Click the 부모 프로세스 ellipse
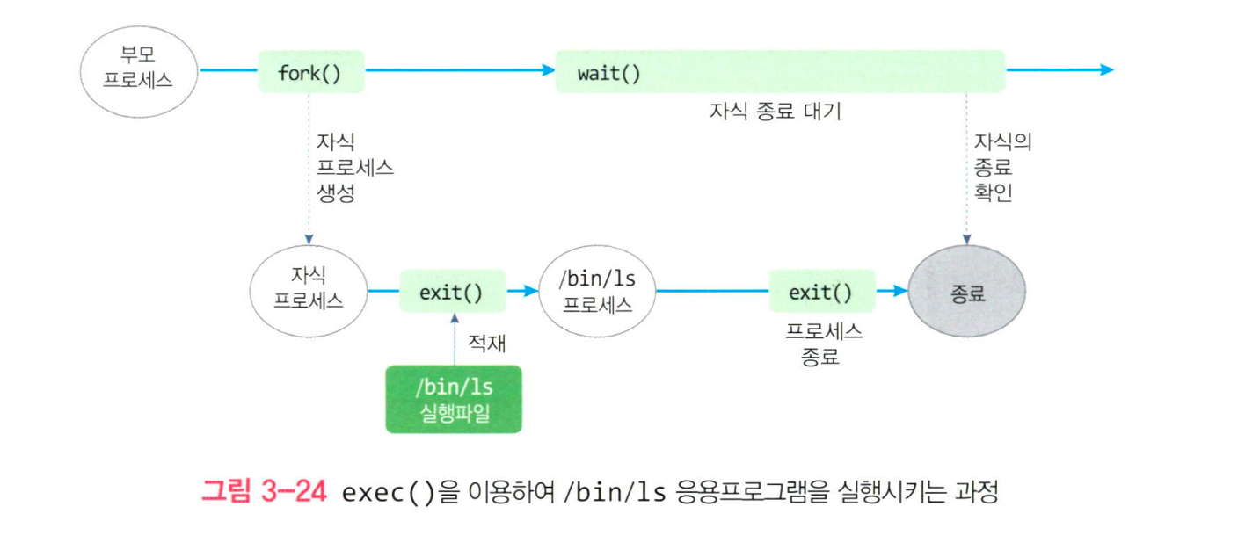pyautogui.click(x=138, y=70)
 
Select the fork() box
pyautogui.click(x=310, y=72)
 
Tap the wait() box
pyautogui.click(x=779, y=72)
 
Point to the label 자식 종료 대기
pyautogui.click(x=775, y=112)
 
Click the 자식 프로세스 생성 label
pyautogui.click(x=354, y=168)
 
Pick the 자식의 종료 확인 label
pyautogui.click(x=1001, y=167)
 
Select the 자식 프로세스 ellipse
pyautogui.click(x=308, y=291)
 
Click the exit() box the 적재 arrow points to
pyautogui.click(x=452, y=292)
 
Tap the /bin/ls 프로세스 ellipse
pyautogui.click(x=597, y=291)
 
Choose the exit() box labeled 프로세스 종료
pyautogui.click(x=821, y=292)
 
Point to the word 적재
pyautogui.click(x=486, y=342)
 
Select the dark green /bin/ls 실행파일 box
pyautogui.click(x=454, y=399)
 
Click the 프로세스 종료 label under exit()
pyautogui.click(x=821, y=344)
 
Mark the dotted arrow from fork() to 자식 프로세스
pyautogui.click(x=309, y=167)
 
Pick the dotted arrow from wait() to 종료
pyautogui.click(x=966, y=167)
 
